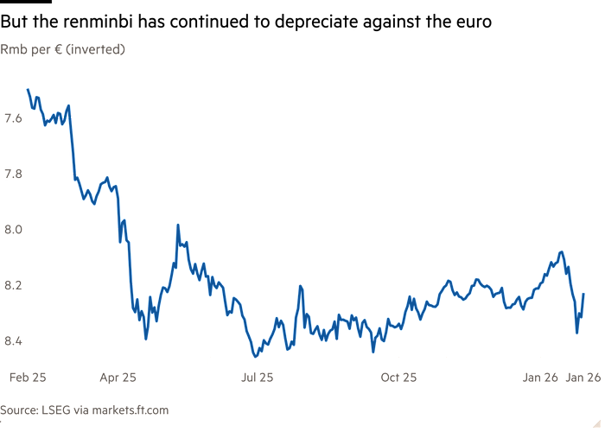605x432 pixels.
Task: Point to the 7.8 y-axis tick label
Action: pos(13,174)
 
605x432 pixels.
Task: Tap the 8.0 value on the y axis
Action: pos(13,229)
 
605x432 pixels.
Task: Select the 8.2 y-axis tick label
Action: pos(13,284)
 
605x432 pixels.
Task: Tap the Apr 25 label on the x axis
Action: pos(118,378)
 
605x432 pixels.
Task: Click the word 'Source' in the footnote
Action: pos(18,410)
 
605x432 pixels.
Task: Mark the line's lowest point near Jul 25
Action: pos(254,354)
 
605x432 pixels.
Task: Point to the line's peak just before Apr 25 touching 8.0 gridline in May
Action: pos(177,226)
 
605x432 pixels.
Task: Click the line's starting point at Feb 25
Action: pos(27,89)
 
